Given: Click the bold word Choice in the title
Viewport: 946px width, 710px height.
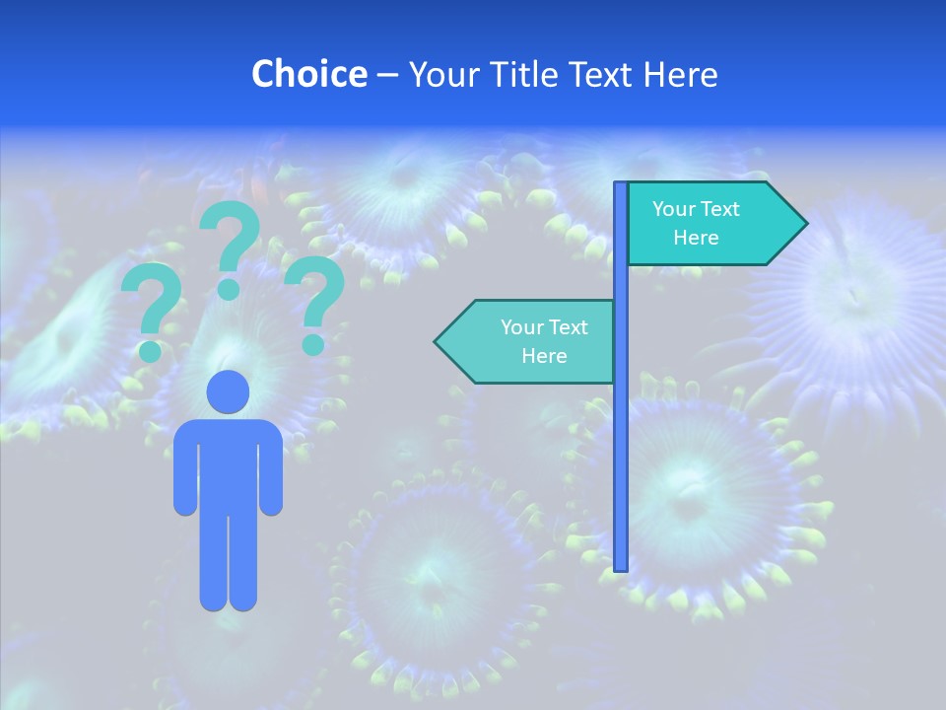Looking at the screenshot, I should pyautogui.click(x=308, y=74).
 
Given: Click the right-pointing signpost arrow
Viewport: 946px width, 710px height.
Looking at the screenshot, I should pyautogui.click(x=715, y=224).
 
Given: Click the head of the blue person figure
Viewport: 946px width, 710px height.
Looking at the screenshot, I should pyautogui.click(x=228, y=392).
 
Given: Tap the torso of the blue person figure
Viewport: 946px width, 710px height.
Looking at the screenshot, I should pyautogui.click(x=228, y=463).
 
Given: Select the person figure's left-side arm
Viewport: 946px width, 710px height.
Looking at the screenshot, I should pyautogui.click(x=184, y=473).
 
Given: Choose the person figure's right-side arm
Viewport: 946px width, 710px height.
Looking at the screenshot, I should pyautogui.click(x=271, y=473).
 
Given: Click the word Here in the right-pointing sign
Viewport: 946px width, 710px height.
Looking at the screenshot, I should pyautogui.click(x=696, y=238).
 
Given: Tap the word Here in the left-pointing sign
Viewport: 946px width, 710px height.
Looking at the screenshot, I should pyautogui.click(x=544, y=356).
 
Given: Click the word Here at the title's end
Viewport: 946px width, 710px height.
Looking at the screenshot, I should pyautogui.click(x=680, y=74).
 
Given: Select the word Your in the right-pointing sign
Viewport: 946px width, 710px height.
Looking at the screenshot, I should pyautogui.click(x=673, y=209).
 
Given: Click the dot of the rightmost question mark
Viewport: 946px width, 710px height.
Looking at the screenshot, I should pyautogui.click(x=312, y=344).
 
